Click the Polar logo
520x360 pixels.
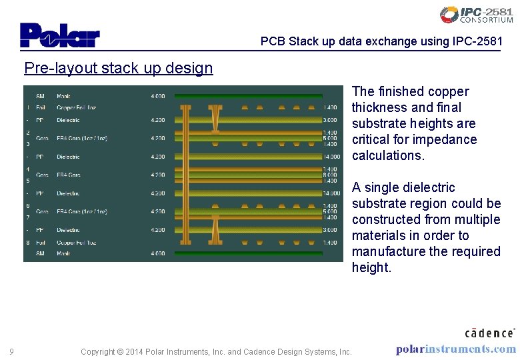[x=59, y=35]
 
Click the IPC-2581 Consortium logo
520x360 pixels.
[x=476, y=15]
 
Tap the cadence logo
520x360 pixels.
[x=489, y=332]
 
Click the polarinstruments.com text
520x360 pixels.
[x=455, y=349]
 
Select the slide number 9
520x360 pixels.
[x=11, y=351]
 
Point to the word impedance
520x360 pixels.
[x=445, y=139]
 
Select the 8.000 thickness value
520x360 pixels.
[x=331, y=175]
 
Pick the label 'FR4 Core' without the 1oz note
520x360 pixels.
[x=69, y=175]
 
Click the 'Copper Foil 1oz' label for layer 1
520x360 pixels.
[x=77, y=107]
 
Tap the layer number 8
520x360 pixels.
[x=28, y=243]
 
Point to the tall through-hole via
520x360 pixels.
[x=185, y=175]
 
